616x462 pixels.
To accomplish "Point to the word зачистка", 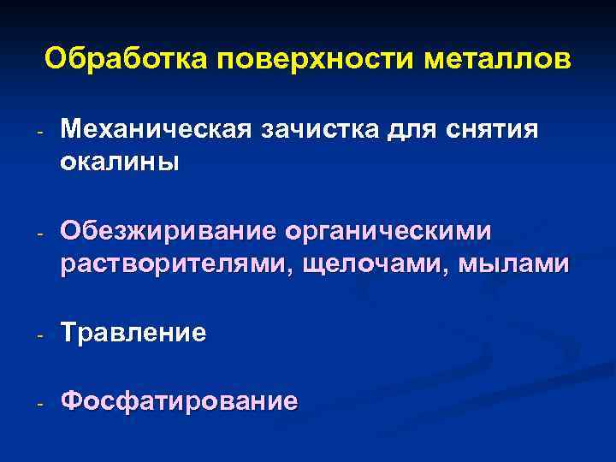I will tap(315, 130).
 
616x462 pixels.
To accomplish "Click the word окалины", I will tap(120, 163).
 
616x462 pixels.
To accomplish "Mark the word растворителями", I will tap(176, 264).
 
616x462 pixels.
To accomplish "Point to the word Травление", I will tap(133, 333).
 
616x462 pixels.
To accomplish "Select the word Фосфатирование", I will tap(180, 400).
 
